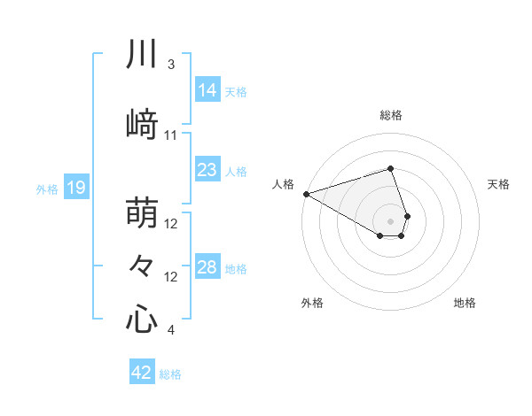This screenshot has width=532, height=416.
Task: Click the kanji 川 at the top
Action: (x=142, y=55)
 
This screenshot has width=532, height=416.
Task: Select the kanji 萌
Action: (x=142, y=213)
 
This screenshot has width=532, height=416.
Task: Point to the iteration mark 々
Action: (x=142, y=265)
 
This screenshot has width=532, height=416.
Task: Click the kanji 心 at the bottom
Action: (x=142, y=318)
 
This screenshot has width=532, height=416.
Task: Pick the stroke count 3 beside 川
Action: (x=170, y=65)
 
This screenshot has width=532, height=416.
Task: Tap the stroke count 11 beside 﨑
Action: (x=170, y=135)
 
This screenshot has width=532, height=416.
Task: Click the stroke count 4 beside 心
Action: (x=170, y=331)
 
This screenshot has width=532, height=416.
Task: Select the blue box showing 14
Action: (x=207, y=90)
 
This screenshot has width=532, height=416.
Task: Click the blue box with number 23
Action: (x=207, y=170)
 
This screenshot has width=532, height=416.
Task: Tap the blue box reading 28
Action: (x=207, y=267)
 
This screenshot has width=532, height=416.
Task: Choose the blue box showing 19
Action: (x=75, y=188)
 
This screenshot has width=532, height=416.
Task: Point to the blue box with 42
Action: (x=142, y=373)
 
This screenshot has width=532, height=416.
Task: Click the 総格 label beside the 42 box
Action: (x=170, y=374)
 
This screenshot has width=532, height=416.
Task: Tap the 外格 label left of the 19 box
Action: (x=47, y=189)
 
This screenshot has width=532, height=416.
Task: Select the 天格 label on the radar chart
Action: (x=498, y=184)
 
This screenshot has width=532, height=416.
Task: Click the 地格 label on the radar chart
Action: (x=465, y=303)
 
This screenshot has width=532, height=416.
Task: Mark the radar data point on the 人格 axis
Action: (x=306, y=194)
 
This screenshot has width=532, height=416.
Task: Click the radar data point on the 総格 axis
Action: (x=390, y=168)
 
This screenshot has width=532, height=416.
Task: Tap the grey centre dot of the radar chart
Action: (x=390, y=220)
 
